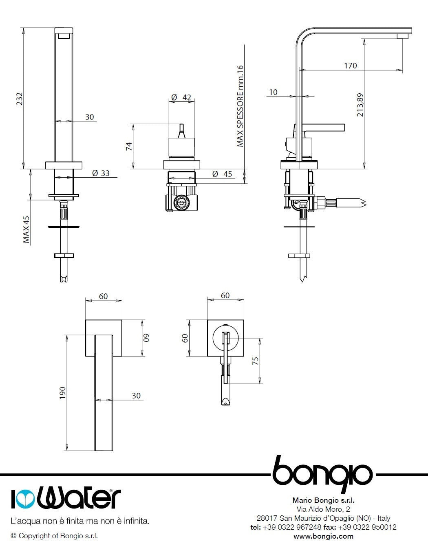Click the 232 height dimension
coord(19,99)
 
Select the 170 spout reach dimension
coord(350,66)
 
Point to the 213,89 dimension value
coord(360,105)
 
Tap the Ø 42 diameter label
coord(181,97)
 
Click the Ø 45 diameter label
coord(222,174)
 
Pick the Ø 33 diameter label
coord(101,173)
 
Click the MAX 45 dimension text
coord(26,229)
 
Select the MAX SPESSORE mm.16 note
coord(240,106)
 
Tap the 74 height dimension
coord(128,146)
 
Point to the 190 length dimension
coord(62,393)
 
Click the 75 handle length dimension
coord(256,361)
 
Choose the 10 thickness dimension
coord(273,92)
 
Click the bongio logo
coord(322,473)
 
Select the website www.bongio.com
coord(323,536)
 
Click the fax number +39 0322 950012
coord(367,527)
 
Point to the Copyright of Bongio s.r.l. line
coord(54,536)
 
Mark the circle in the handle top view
coord(225,337)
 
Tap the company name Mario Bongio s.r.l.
coord(323,500)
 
